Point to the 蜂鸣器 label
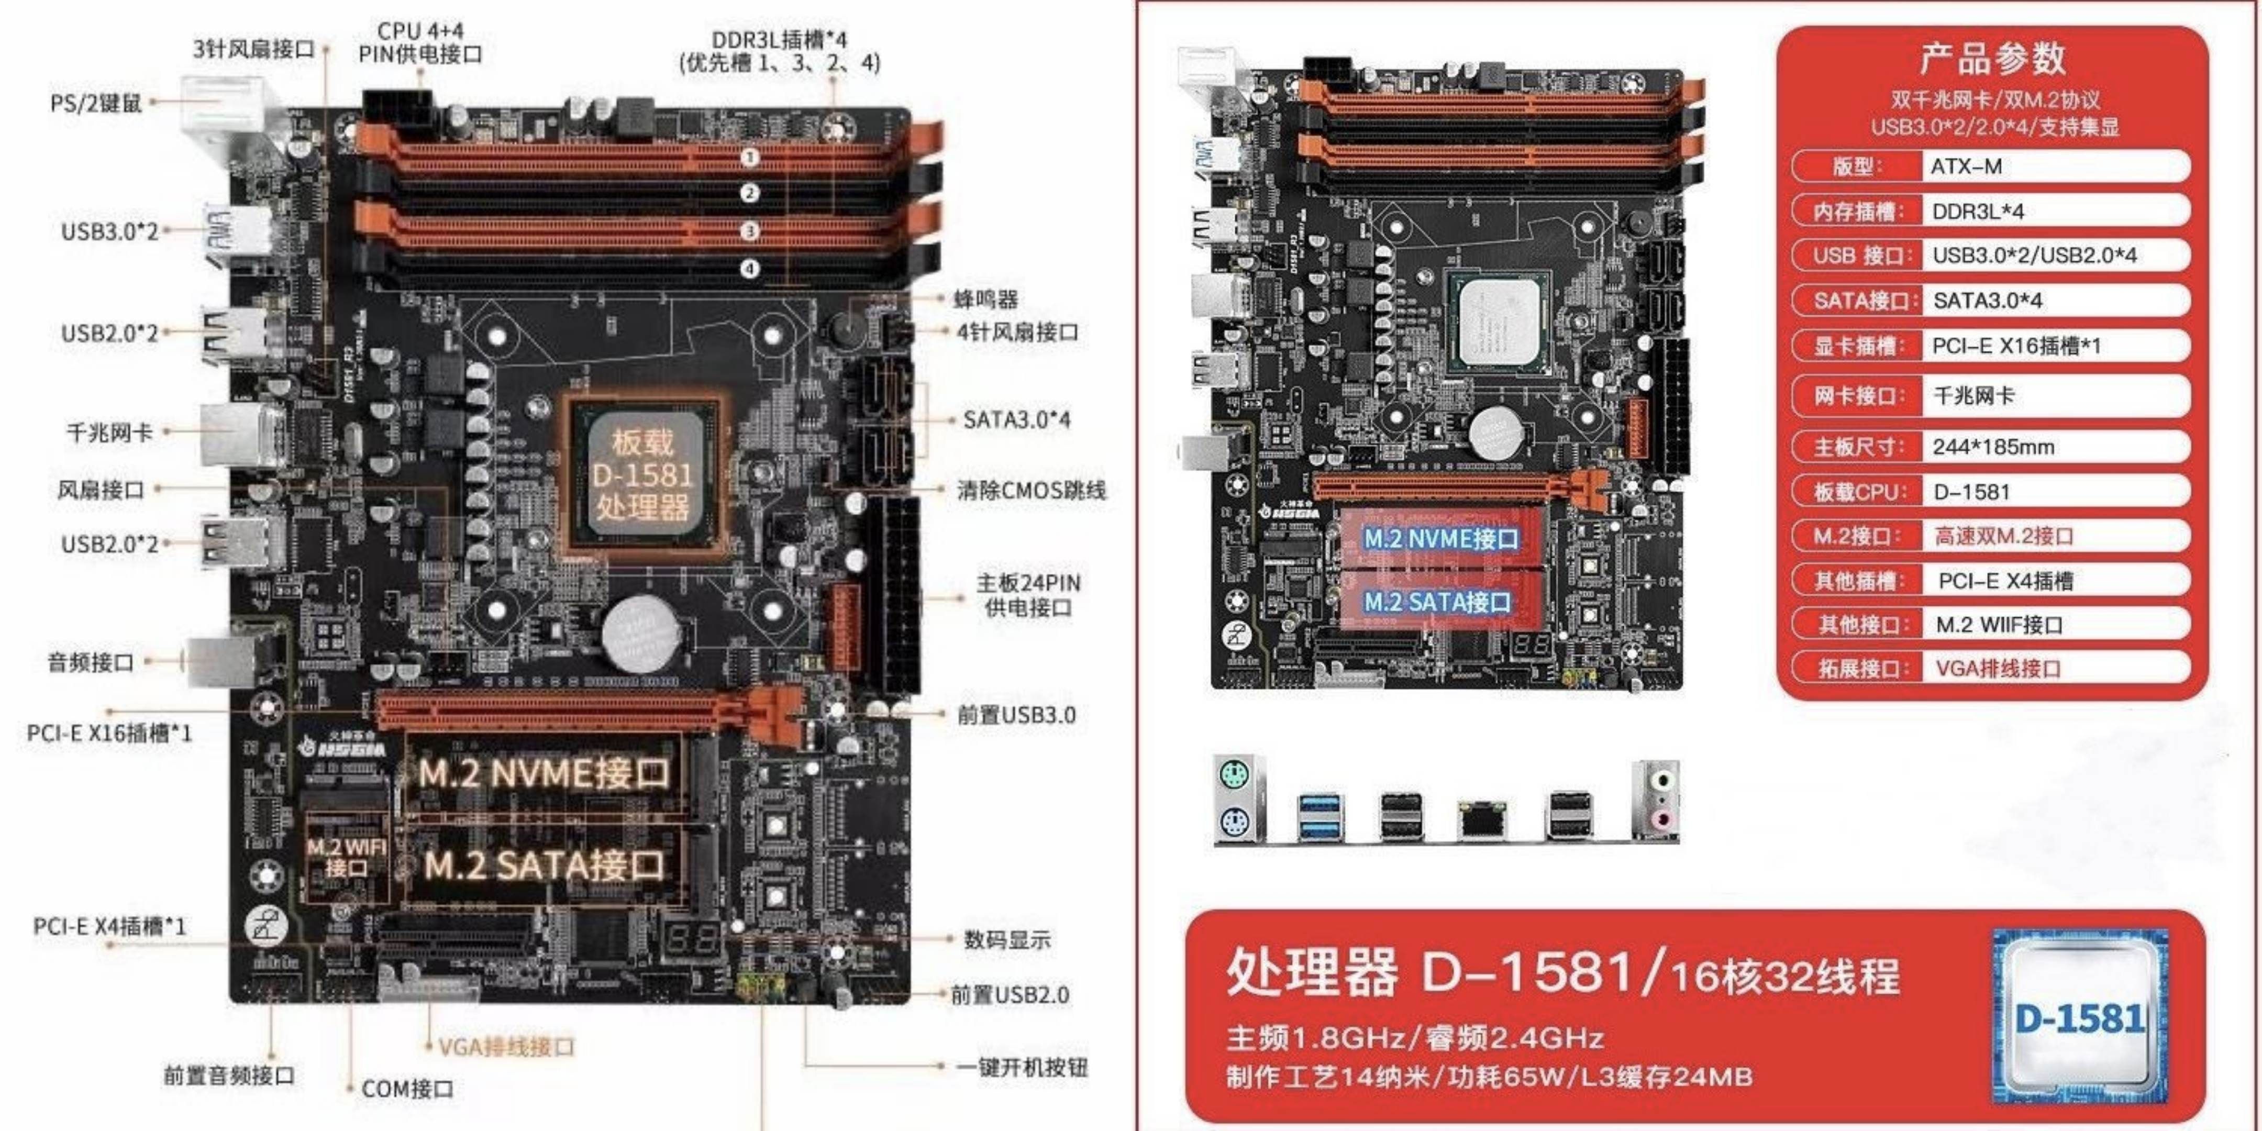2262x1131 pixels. (985, 300)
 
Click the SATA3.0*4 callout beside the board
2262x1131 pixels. (1016, 420)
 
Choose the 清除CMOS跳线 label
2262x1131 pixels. (1031, 490)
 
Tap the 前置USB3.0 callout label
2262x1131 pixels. (1016, 715)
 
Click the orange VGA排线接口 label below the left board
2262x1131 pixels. (506, 1047)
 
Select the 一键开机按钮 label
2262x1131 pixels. (1021, 1067)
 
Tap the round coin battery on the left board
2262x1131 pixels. (641, 634)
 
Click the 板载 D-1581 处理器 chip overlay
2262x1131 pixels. (642, 475)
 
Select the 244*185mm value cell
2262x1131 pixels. (1993, 447)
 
